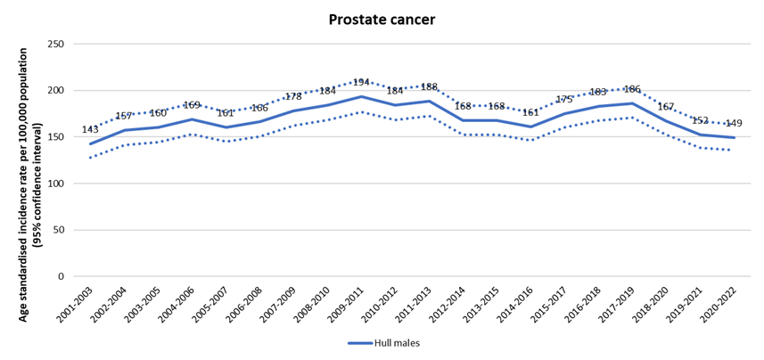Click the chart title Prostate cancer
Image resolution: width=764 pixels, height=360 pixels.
(x=382, y=19)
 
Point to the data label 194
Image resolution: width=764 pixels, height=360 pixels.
(x=360, y=82)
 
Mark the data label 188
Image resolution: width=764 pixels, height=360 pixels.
(x=429, y=87)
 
